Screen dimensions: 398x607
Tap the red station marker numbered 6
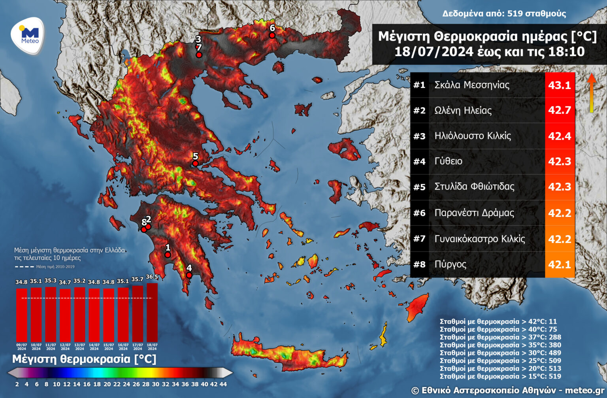(x=272, y=36)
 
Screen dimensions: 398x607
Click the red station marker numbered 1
(x=168, y=255)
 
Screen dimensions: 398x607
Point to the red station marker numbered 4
(x=189, y=275)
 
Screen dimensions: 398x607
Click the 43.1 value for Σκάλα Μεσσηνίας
(x=560, y=85)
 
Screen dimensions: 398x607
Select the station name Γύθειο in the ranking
(x=448, y=161)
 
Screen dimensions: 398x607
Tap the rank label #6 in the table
(x=419, y=213)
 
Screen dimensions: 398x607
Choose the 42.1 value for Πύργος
(x=560, y=264)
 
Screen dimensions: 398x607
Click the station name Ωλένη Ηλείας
(x=463, y=110)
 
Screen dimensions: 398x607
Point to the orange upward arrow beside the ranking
(x=591, y=93)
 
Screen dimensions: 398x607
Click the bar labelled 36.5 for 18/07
(x=152, y=312)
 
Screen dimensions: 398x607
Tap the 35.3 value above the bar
(x=50, y=281)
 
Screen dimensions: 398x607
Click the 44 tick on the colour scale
(x=223, y=384)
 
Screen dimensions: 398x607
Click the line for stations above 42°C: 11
(x=498, y=322)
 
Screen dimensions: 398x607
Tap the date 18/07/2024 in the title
(x=434, y=52)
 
